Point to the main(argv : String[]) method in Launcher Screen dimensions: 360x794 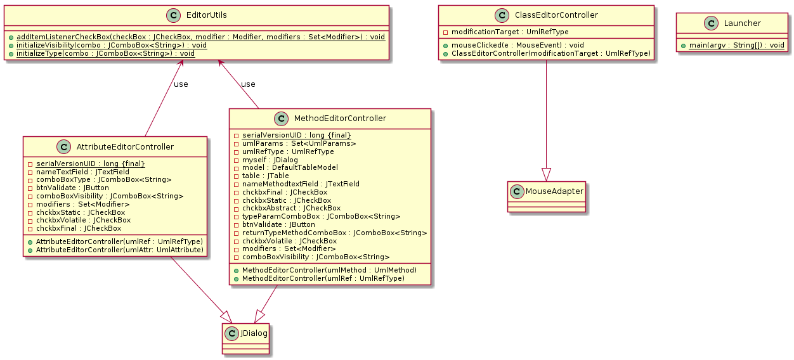click(x=736, y=45)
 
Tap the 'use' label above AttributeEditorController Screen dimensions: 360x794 click(x=181, y=84)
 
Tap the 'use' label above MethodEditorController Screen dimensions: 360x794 click(x=248, y=84)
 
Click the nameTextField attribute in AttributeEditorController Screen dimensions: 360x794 click(x=82, y=171)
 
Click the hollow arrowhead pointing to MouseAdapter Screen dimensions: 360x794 click(x=546, y=172)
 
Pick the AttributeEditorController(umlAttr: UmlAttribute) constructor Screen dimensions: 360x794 click(x=120, y=250)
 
